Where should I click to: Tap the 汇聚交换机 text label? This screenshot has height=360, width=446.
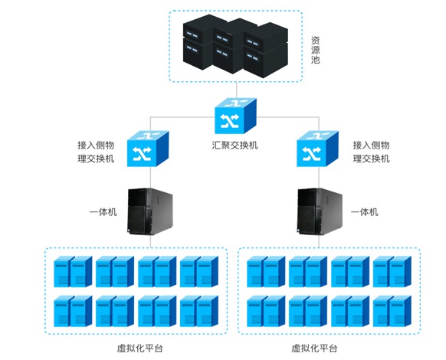[234, 144]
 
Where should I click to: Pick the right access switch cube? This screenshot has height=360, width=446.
[316, 149]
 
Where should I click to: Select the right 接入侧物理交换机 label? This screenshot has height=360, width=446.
[371, 151]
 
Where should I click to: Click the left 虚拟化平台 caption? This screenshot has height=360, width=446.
[136, 348]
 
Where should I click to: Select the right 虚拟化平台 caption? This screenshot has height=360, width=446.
[314, 348]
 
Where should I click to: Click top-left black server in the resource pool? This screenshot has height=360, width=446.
[196, 33]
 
